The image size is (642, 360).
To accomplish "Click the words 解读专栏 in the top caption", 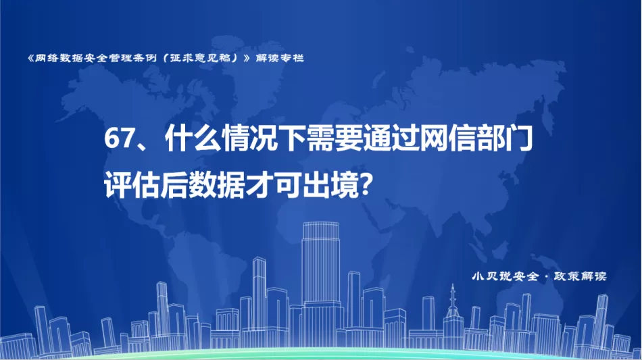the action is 280,58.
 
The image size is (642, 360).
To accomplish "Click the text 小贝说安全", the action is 505,276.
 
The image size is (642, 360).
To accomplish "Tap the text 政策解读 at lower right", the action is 580,276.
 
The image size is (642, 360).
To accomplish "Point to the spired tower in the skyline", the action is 453,315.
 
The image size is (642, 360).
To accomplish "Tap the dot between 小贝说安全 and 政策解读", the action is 546,277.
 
